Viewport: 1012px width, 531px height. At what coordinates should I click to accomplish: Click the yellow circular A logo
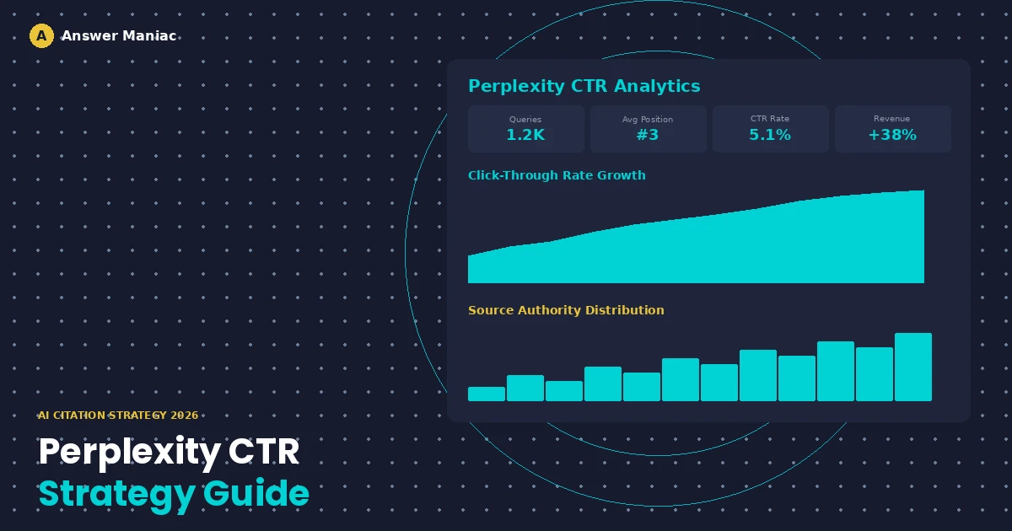(x=41, y=36)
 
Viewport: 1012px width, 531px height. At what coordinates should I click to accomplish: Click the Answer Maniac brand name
(x=119, y=36)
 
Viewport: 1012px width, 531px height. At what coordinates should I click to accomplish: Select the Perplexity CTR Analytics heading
(x=584, y=86)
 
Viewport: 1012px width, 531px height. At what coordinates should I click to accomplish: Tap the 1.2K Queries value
(x=525, y=135)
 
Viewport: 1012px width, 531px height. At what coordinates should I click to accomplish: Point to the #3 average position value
(x=648, y=135)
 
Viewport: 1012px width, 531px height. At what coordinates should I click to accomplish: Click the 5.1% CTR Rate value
(x=770, y=135)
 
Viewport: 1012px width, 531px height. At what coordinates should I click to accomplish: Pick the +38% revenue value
(x=892, y=135)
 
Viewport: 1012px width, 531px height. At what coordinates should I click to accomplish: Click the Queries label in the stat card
(x=525, y=120)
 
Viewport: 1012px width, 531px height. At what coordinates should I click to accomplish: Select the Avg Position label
(x=648, y=120)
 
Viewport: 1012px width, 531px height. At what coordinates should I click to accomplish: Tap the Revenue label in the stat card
(x=892, y=120)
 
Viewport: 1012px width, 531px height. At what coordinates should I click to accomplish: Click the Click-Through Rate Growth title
(x=557, y=175)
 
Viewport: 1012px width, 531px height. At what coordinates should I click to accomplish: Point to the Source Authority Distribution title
(x=566, y=310)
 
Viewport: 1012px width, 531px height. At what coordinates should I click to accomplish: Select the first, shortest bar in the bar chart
(x=487, y=394)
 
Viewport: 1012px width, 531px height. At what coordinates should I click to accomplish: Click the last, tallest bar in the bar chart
(x=913, y=367)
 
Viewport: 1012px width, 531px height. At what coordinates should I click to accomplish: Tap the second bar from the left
(x=525, y=388)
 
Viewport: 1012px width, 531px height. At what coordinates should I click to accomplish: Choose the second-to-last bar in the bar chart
(x=875, y=374)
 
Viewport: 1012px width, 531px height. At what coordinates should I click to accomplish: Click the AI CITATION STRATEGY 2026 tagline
(x=118, y=416)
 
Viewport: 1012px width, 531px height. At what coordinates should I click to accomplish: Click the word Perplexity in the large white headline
(x=129, y=453)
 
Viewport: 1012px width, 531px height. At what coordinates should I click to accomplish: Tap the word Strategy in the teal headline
(x=116, y=494)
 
